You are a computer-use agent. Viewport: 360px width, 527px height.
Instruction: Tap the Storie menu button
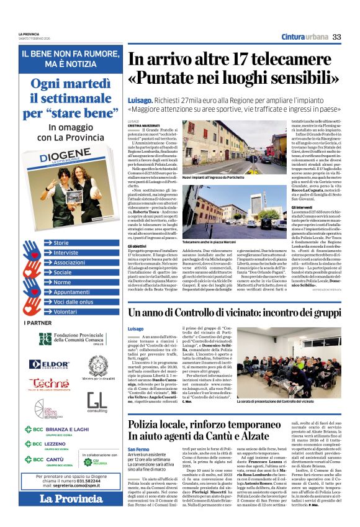(62, 243)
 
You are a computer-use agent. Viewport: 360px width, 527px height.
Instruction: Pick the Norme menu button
(62, 282)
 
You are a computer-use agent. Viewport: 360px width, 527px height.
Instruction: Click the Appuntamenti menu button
(71, 292)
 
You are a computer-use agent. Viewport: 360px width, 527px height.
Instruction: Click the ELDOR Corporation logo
(47, 364)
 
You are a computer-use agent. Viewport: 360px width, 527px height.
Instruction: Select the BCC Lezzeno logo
(48, 446)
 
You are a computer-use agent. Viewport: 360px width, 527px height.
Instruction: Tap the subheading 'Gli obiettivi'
(140, 246)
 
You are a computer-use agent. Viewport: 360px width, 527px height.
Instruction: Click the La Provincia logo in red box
(63, 500)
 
